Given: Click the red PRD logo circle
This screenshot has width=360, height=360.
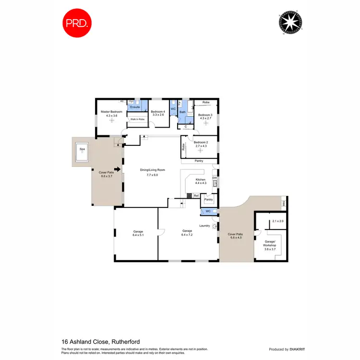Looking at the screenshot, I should point(76,22).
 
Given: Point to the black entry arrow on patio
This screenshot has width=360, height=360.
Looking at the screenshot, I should point(116,169).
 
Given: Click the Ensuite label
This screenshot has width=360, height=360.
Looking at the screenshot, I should point(135,107).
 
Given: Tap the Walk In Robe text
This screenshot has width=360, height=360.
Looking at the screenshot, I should point(137,119).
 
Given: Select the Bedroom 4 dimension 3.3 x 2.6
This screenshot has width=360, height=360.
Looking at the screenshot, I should point(158,115).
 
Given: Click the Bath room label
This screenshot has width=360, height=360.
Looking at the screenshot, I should point(183,112).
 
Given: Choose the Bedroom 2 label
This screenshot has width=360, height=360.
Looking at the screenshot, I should point(201,142).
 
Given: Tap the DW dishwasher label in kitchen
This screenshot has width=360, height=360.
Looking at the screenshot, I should point(215,179).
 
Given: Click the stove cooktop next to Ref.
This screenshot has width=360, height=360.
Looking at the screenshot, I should point(190,195).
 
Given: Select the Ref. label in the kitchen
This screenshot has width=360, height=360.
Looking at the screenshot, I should point(196,195).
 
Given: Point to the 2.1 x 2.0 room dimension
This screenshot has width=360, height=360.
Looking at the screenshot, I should point(278,221).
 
